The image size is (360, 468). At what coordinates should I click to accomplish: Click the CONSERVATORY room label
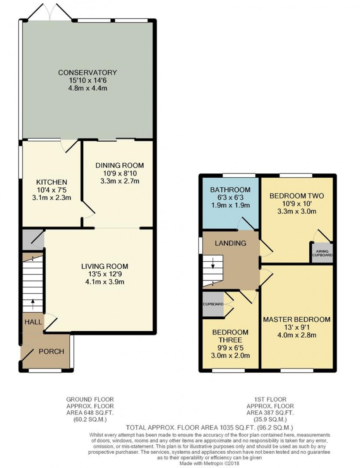pyautogui.click(x=87, y=72)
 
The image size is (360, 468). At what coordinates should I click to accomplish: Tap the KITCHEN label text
pyautogui.click(x=51, y=182)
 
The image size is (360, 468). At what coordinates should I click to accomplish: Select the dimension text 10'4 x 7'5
pyautogui.click(x=51, y=190)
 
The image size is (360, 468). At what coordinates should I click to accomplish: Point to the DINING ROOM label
pyautogui.click(x=119, y=166)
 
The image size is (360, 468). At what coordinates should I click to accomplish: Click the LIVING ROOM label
pyautogui.click(x=105, y=266)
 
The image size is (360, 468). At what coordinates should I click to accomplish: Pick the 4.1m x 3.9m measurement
pyautogui.click(x=106, y=282)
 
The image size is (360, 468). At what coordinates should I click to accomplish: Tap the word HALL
pyautogui.click(x=33, y=322)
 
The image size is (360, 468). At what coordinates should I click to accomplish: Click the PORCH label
pyautogui.click(x=51, y=352)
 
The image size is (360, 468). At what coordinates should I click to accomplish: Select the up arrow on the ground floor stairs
pyautogui.click(x=33, y=304)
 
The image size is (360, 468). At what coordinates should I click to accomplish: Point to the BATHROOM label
pyautogui.click(x=230, y=190)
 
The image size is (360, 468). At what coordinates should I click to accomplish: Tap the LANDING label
pyautogui.click(x=231, y=243)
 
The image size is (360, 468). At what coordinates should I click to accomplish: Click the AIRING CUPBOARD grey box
pyautogui.click(x=322, y=253)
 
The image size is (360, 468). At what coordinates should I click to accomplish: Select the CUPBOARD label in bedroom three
pyautogui.click(x=213, y=304)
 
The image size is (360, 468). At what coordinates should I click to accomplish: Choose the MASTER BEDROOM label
pyautogui.click(x=297, y=319)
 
